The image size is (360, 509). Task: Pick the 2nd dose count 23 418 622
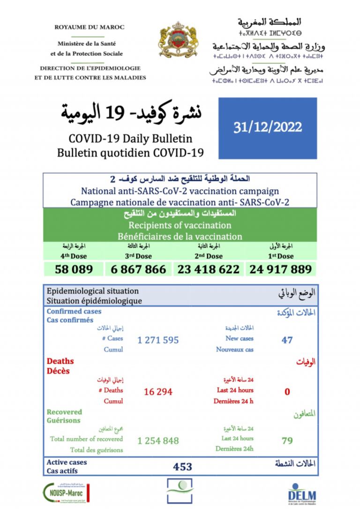pos(208,269)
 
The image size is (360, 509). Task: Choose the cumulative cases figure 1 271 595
pos(158,340)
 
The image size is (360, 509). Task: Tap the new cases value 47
pos(287,339)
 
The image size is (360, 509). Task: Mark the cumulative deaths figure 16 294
pos(158,391)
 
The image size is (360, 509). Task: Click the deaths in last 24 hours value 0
pos(287,391)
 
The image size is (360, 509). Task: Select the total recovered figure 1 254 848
pos(158,441)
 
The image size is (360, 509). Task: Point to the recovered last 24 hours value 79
pos(287,441)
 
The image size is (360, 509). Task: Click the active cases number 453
pos(182,466)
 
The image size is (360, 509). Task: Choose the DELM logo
pos(301,493)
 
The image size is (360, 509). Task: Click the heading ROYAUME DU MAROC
pos(90,27)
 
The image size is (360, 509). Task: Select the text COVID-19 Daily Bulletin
pos(130,139)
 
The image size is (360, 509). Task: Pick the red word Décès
pos(58,371)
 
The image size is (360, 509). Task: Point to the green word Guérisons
pos(63,420)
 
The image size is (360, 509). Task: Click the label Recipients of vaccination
pos(180,225)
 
